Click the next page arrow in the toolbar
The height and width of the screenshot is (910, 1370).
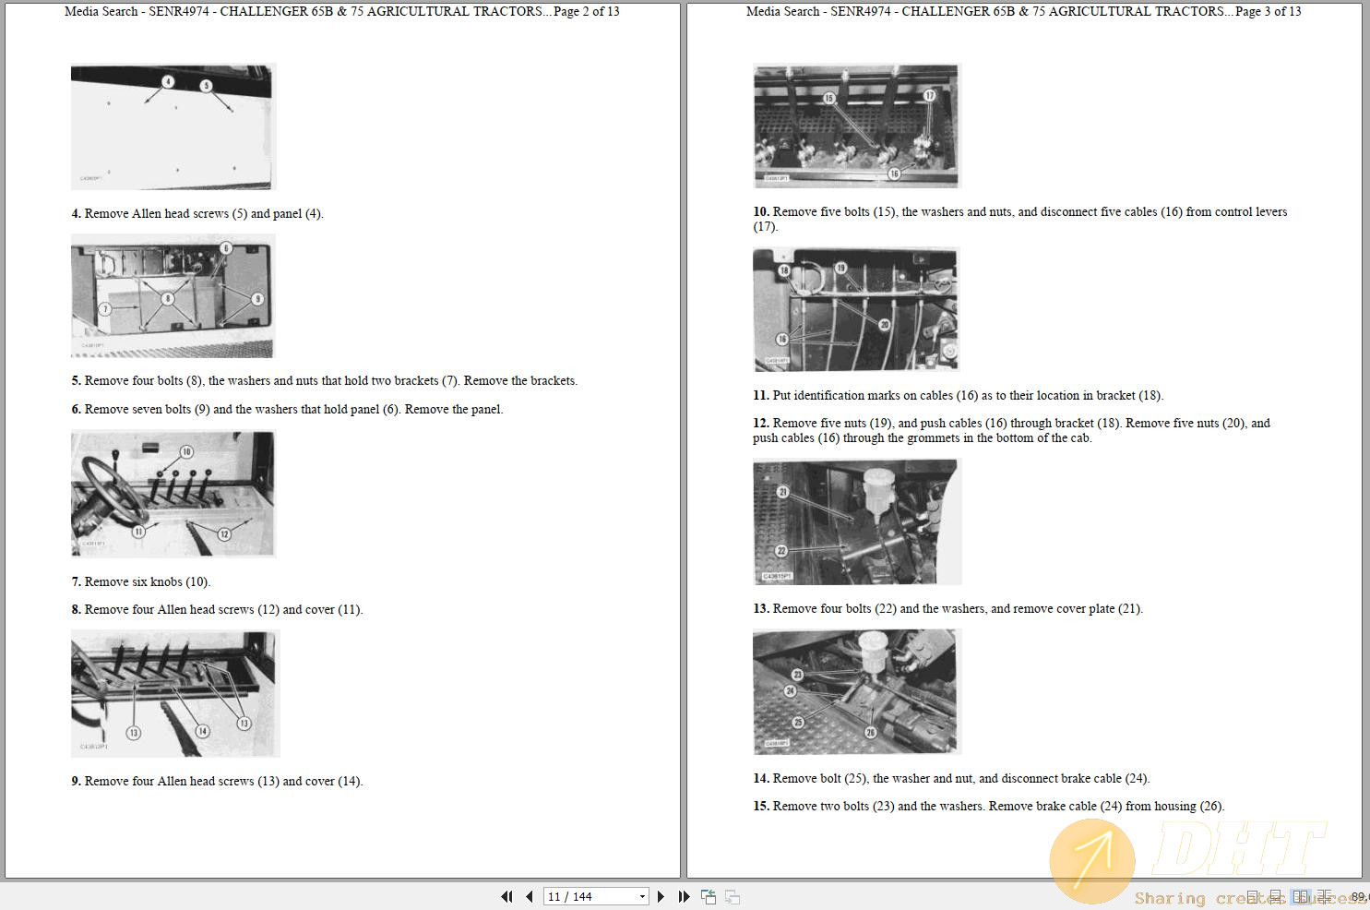661,896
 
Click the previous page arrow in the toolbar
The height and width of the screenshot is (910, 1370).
530,896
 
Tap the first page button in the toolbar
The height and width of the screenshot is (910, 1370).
506,896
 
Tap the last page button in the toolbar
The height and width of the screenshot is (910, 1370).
684,896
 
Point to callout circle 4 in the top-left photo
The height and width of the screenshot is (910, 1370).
168,82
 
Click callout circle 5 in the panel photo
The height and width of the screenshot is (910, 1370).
206,86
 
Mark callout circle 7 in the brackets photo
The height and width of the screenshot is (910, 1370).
105,309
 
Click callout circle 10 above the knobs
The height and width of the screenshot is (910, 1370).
186,452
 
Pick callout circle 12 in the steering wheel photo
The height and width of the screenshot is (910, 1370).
224,534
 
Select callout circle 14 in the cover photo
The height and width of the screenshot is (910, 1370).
202,731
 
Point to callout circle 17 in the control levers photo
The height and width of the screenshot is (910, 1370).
929,95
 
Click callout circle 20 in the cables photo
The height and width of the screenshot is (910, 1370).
884,325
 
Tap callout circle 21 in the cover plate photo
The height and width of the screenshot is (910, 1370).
782,492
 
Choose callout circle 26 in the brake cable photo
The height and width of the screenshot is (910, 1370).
870,732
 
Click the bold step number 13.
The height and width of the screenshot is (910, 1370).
761,608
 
